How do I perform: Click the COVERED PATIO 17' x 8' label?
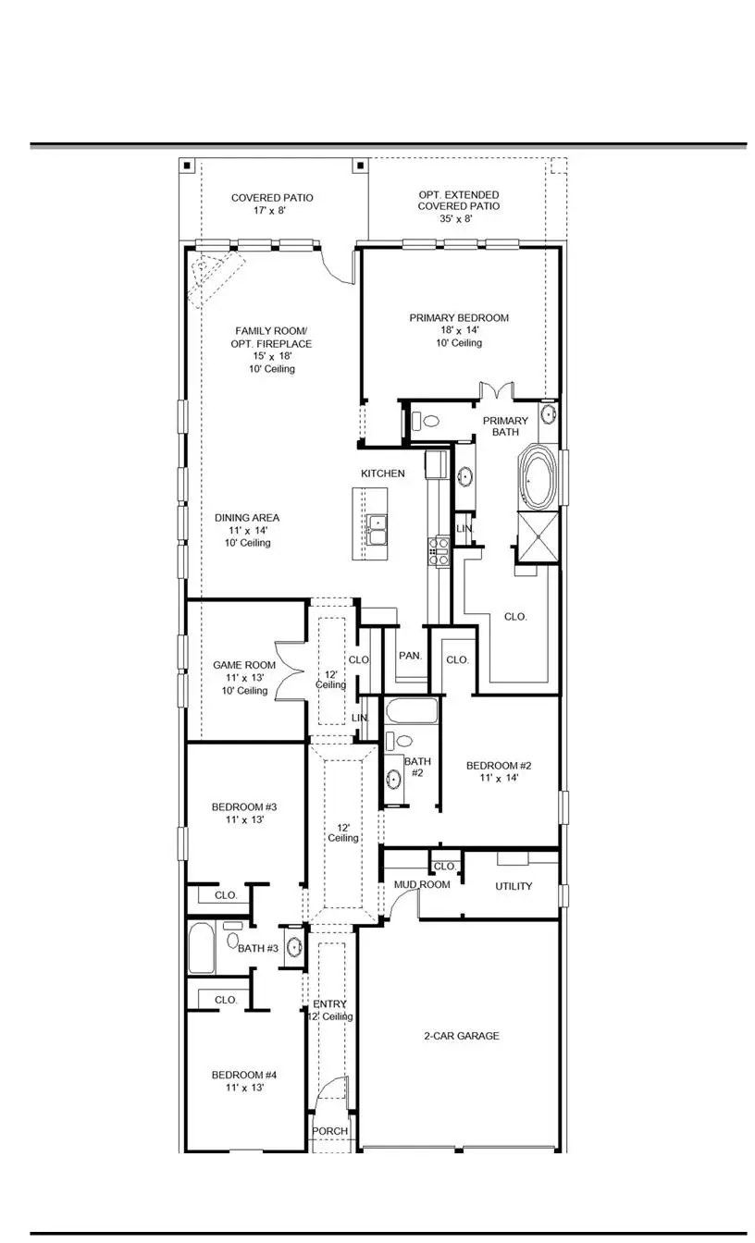272,204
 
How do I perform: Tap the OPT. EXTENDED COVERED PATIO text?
458,206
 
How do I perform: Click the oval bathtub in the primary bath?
538,477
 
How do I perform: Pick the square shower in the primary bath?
538,535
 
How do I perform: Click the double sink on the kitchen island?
377,530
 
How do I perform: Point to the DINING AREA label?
247,530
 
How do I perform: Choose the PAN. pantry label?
410,655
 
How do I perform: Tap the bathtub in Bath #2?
410,713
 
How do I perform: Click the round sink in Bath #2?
393,778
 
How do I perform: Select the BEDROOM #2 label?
498,771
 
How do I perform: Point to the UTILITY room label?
514,886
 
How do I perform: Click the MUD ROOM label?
422,885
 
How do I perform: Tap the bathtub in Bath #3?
202,949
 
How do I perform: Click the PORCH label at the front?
329,1131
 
